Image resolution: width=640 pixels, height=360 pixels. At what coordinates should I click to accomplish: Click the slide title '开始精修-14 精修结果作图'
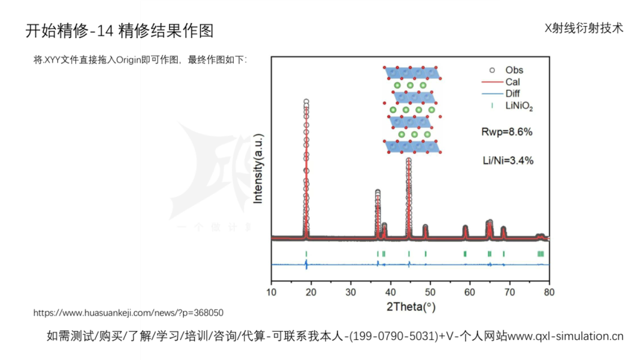pos(120,30)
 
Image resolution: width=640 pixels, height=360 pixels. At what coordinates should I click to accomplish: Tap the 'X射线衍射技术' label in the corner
pos(584,28)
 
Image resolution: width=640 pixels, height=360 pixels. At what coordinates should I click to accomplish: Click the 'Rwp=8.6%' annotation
pos(507,132)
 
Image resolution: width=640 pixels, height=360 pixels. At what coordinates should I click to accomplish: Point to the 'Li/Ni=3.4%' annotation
pos(508,160)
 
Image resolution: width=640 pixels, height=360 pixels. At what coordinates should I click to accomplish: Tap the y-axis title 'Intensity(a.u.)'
pos(259,165)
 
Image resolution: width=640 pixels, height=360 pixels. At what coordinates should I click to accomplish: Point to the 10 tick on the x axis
pos(272,292)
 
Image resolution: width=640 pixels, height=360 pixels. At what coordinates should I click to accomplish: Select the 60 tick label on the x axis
pos(470,292)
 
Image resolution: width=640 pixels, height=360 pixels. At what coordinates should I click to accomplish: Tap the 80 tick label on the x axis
pos(548,292)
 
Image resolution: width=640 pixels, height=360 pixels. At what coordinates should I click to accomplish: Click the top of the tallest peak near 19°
pos(306,102)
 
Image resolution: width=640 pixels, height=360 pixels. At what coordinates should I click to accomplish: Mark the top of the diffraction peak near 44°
pos(409,160)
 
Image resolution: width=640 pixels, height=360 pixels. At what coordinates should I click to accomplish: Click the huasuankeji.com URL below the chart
pos(129,313)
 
